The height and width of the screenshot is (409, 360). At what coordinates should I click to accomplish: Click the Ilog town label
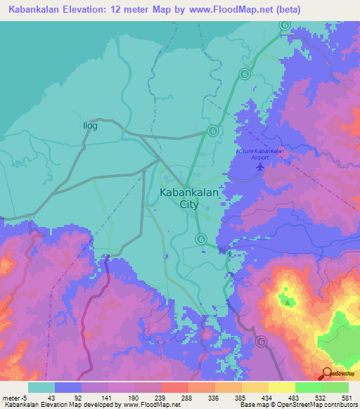[89, 126]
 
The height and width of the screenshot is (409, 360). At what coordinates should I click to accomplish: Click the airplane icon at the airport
[262, 167]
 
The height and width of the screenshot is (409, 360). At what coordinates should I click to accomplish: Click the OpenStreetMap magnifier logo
[327, 375]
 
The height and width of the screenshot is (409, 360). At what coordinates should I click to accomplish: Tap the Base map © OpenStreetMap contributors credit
[297, 405]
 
